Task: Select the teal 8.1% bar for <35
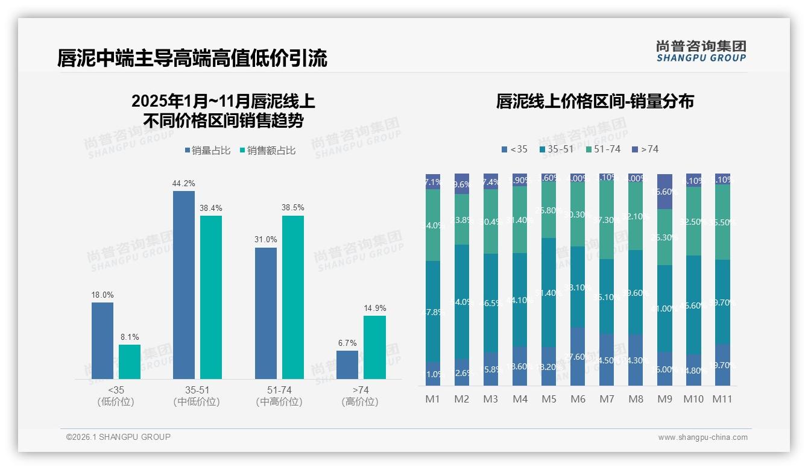coord(130,362)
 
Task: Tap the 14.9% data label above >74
coord(374,308)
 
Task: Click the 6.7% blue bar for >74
coord(347,365)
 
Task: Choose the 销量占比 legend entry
coord(207,151)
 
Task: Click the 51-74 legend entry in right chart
coord(602,149)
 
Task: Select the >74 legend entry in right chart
coord(645,149)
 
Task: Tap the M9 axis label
coord(664,399)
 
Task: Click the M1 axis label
coord(433,399)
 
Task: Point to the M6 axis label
coord(577,399)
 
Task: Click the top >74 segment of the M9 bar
coord(664,191)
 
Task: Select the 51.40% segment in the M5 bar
coord(549,292)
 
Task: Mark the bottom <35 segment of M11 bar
coord(722,365)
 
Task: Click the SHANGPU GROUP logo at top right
coord(701,51)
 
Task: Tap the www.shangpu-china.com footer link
coord(702,437)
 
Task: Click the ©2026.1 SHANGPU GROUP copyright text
coord(118,437)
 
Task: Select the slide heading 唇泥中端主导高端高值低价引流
coord(192,58)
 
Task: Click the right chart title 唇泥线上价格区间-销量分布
coord(595,101)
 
